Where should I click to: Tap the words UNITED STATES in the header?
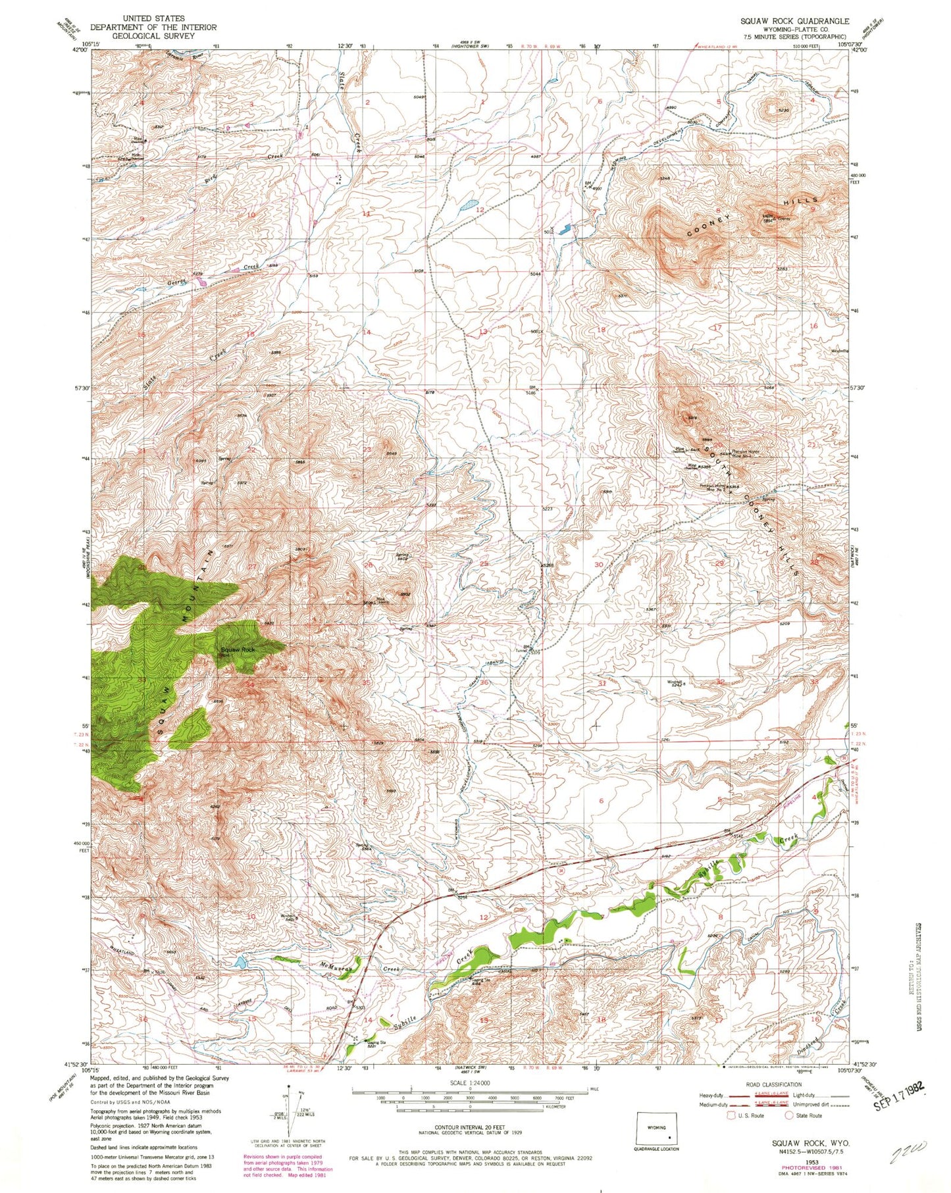pyautogui.click(x=153, y=18)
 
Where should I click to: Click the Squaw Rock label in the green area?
pyautogui.click(x=237, y=649)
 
